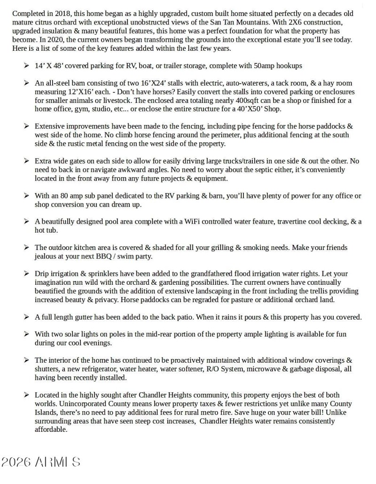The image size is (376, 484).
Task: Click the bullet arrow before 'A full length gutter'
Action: [26, 317]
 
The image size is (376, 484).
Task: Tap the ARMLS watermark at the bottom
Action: [40, 462]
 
